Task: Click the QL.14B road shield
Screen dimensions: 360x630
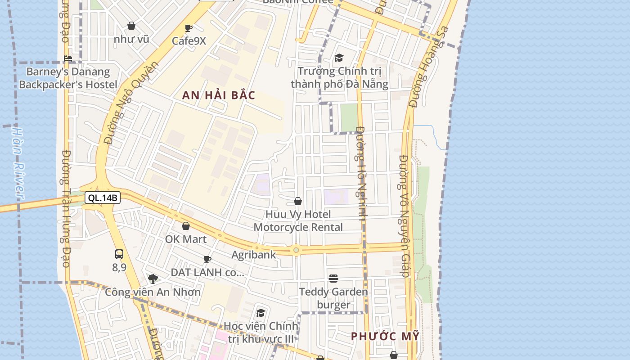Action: pyautogui.click(x=103, y=198)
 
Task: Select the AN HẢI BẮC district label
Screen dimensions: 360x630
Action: pyautogui.click(x=219, y=95)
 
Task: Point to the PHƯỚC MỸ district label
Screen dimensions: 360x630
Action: pyautogui.click(x=385, y=336)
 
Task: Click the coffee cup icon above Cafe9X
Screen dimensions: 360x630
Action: pyautogui.click(x=189, y=28)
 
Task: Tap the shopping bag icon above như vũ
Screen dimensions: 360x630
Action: pyautogui.click(x=131, y=26)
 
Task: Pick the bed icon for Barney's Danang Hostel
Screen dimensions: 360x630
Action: pyautogui.click(x=68, y=58)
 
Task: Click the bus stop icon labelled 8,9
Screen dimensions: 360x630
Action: pyautogui.click(x=119, y=254)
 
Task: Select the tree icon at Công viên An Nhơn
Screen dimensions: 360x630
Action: pyautogui.click(x=153, y=279)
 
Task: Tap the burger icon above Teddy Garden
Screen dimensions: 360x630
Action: pyautogui.click(x=333, y=279)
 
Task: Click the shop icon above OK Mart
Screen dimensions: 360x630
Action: pyautogui.click(x=186, y=226)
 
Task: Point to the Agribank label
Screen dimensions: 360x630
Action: pyautogui.click(x=254, y=255)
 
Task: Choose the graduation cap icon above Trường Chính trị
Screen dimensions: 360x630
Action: pyautogui.click(x=339, y=58)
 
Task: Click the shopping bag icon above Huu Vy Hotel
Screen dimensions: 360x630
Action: pyautogui.click(x=298, y=201)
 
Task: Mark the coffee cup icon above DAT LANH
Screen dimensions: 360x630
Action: pyautogui.click(x=207, y=259)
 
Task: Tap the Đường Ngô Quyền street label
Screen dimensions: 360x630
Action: pyautogui.click(x=131, y=103)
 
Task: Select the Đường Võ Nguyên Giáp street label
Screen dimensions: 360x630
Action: pyautogui.click(x=404, y=216)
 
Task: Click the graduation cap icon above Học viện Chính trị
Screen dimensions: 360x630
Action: pyautogui.click(x=261, y=313)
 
